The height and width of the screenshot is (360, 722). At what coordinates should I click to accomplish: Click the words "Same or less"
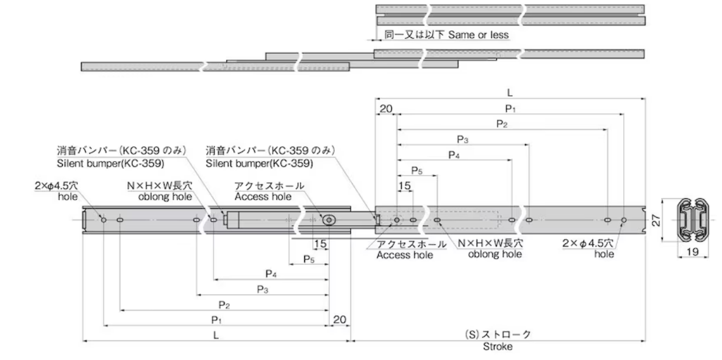[478, 35]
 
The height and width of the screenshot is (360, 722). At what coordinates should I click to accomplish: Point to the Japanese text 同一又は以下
[415, 35]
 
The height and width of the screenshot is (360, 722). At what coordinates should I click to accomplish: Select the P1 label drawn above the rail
[510, 109]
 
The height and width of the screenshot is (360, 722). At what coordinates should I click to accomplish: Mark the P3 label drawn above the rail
[463, 140]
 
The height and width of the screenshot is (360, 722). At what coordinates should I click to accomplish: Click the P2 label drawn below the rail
[224, 304]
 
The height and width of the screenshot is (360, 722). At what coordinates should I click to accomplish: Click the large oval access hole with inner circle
[330, 220]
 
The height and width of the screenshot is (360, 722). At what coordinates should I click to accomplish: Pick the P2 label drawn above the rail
[502, 124]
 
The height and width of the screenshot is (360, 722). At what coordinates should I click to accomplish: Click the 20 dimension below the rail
[340, 320]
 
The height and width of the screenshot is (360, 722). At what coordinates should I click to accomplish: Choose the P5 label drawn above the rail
[417, 171]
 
